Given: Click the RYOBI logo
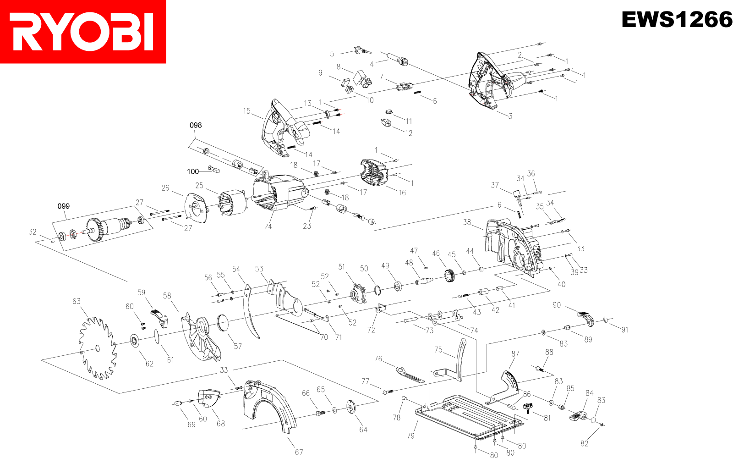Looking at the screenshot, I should (x=83, y=31).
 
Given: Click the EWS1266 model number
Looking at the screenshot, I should (x=676, y=19).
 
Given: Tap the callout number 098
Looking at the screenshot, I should (x=196, y=125).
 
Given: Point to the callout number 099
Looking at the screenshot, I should (x=64, y=206).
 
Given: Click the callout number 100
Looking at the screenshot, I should (x=193, y=171).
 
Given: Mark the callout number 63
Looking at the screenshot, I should (x=77, y=301).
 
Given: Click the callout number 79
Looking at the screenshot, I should (x=411, y=436).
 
